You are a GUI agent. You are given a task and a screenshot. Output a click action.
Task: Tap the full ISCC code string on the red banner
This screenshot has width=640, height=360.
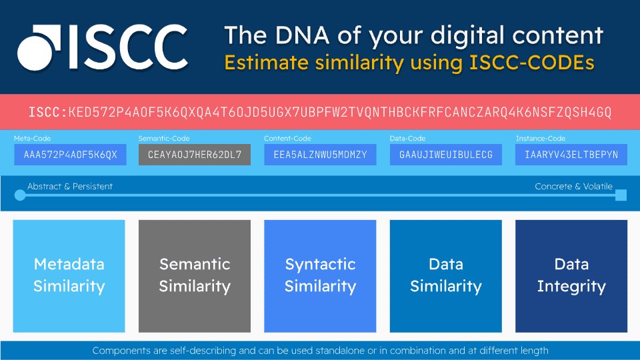(x=320, y=111)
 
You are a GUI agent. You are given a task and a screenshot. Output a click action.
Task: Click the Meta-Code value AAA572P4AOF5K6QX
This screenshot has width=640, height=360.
(x=70, y=155)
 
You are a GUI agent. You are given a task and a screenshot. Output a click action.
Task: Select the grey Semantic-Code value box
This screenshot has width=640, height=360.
(x=195, y=155)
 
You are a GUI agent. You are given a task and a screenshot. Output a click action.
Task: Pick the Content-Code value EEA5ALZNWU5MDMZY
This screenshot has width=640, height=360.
(x=320, y=155)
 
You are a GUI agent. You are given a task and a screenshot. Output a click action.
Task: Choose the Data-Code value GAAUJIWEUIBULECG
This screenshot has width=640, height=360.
(x=445, y=155)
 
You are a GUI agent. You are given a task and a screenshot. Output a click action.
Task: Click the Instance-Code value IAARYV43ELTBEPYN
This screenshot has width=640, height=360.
(x=571, y=155)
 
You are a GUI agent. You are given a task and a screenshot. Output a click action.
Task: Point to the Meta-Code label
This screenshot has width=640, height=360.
(x=32, y=139)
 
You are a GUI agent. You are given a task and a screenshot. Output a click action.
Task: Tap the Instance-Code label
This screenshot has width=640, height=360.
(x=540, y=139)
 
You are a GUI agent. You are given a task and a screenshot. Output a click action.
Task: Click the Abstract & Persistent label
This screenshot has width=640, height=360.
(x=70, y=187)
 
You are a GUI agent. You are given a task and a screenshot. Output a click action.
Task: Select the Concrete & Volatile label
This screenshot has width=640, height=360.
(x=573, y=187)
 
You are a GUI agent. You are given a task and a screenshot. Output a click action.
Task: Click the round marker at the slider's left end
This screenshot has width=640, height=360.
(x=20, y=195)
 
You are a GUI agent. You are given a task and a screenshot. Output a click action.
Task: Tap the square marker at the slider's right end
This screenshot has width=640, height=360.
(x=621, y=195)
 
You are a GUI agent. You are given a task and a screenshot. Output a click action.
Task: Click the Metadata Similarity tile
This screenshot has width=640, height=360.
(x=69, y=275)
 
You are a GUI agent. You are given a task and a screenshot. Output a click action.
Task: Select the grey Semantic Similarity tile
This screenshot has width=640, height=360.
(x=195, y=275)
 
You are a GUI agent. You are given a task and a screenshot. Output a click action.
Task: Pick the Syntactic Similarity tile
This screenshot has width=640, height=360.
(x=320, y=275)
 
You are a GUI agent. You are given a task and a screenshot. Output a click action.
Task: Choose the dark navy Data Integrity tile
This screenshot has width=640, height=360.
(x=571, y=275)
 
